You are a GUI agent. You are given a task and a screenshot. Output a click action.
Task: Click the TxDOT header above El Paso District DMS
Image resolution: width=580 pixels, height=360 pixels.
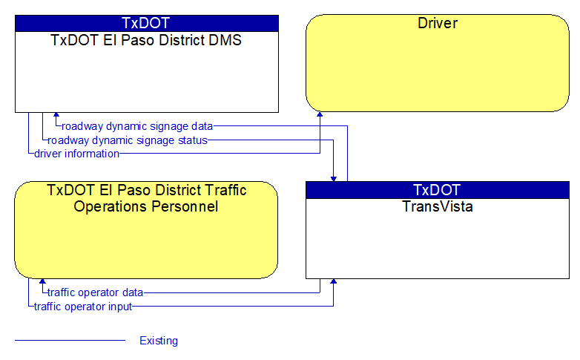145,23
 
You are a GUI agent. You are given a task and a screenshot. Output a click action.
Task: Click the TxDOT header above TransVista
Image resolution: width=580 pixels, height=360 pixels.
437,190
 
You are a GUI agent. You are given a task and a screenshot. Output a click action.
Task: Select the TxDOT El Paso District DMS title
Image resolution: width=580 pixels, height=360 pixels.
146,40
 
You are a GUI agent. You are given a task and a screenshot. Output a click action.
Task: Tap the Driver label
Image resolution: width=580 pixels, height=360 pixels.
438,23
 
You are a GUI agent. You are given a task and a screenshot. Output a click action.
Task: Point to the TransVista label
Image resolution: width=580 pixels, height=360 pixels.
438,206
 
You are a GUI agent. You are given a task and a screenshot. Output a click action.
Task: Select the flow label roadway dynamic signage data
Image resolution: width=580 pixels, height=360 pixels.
137,126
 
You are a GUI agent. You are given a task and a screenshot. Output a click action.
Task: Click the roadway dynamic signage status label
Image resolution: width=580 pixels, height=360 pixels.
128,140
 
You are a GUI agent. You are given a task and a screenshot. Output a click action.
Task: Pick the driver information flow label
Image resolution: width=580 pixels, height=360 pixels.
76,154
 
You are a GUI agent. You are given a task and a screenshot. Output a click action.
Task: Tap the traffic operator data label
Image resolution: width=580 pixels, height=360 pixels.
96,292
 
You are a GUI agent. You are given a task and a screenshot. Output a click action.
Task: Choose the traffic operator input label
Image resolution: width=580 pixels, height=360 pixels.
83,307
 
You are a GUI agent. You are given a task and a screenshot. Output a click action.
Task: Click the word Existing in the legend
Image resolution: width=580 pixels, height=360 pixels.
159,341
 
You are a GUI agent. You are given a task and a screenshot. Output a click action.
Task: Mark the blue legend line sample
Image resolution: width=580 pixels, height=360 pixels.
70,340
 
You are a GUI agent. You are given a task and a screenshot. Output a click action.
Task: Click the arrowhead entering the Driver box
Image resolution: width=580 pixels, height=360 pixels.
320,114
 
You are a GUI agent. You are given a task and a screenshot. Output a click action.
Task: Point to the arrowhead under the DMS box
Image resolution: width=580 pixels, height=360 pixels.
56,115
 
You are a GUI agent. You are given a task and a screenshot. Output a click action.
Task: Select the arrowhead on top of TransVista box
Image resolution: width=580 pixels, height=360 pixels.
333,179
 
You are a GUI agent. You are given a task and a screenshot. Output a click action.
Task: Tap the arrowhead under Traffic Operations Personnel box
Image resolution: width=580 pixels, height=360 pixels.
42,281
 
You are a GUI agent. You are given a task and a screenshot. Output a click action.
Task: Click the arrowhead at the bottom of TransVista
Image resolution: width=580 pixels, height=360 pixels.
333,281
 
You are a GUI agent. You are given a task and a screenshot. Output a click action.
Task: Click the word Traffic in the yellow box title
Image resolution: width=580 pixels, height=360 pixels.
225,190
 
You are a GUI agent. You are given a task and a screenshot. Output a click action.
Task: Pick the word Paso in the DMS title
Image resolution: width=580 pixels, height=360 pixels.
137,40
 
